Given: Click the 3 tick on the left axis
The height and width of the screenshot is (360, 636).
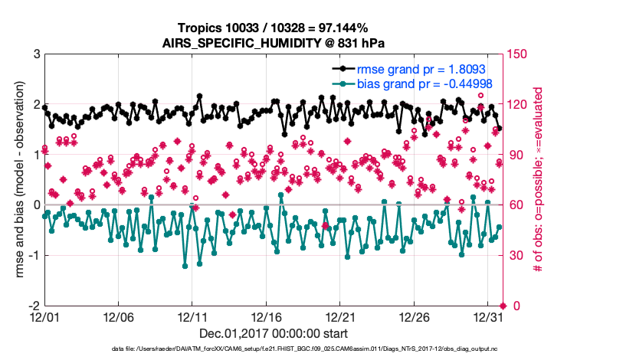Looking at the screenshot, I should pyautogui.click(x=36, y=54).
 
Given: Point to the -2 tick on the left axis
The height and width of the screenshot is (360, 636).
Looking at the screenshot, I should pyautogui.click(x=34, y=306).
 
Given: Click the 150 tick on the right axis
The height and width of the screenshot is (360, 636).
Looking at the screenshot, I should pyautogui.click(x=518, y=54).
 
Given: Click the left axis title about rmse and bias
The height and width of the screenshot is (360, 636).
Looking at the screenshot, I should pyautogui.click(x=16, y=180).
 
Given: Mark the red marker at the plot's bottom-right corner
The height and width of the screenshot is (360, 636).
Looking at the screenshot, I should pyautogui.click(x=502, y=306).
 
